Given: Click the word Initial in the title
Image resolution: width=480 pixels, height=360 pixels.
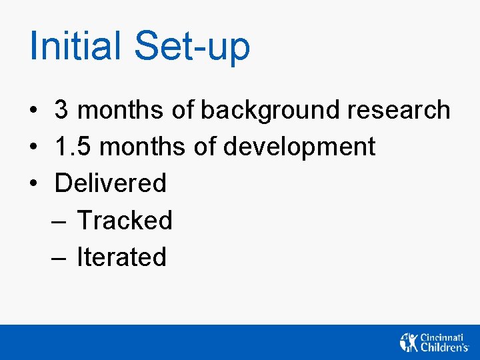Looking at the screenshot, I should click(75, 46).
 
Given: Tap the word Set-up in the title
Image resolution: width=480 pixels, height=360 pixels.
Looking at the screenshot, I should click(192, 46).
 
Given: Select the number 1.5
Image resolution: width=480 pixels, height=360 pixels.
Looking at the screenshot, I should click(72, 147).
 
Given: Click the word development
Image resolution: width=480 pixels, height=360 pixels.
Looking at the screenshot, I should click(299, 147).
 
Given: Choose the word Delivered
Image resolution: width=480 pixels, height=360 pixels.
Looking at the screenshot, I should click(111, 183).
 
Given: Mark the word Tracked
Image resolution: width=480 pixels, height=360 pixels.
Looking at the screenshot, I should click(125, 220).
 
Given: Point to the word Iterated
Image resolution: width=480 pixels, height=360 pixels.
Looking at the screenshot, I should click(121, 257).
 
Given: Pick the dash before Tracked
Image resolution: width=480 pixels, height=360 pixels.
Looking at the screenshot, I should click(57, 221).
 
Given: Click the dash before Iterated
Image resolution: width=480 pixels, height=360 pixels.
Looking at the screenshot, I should click(57, 257).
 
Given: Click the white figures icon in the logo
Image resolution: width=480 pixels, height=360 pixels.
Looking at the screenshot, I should click(409, 342).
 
